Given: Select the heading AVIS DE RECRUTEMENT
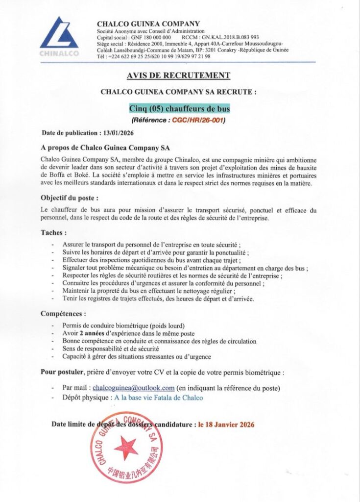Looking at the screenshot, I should point(178,75).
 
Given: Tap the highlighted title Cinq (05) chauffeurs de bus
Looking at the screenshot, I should point(179,108).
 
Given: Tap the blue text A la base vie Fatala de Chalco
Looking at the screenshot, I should point(158,398).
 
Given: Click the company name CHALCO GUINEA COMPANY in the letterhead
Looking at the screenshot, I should point(148,24).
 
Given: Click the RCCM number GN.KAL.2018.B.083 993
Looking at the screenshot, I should point(231,37).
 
